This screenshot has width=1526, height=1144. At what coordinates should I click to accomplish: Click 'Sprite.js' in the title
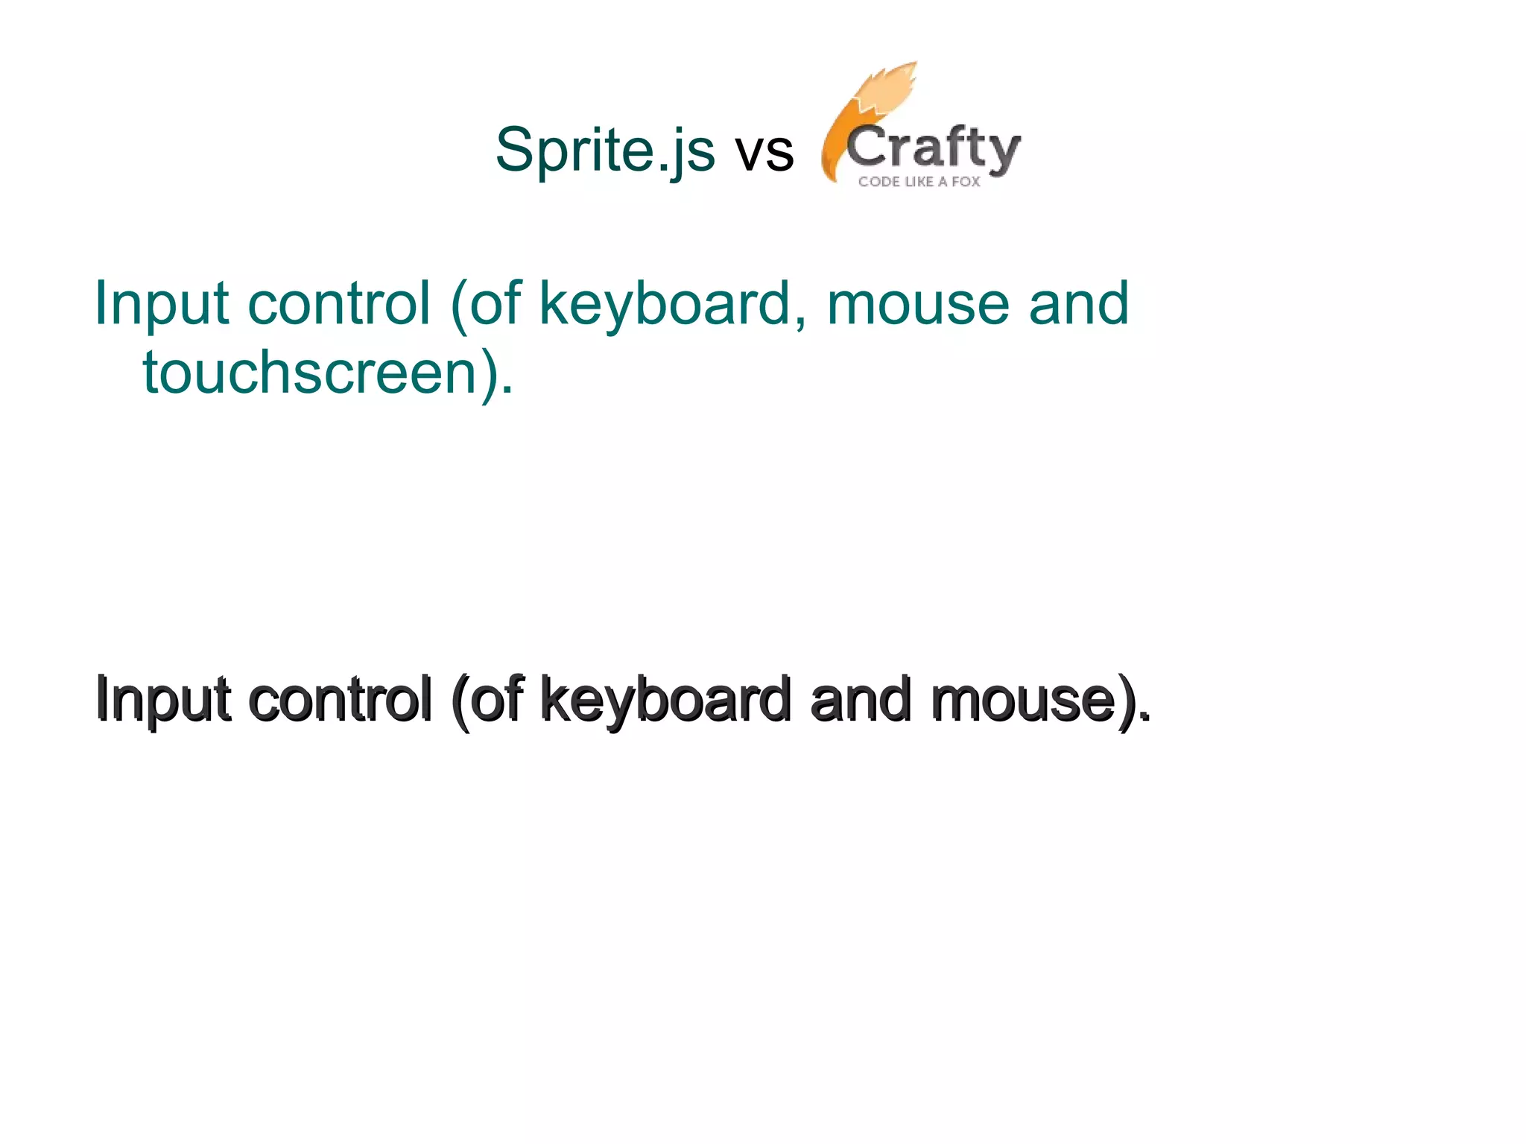click(604, 150)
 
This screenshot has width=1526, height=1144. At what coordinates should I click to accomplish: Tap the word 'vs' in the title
click(764, 152)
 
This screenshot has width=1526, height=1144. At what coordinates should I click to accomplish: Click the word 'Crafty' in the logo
click(933, 148)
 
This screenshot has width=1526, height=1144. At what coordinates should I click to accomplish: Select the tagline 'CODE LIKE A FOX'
click(919, 181)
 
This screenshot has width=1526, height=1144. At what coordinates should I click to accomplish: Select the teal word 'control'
click(339, 303)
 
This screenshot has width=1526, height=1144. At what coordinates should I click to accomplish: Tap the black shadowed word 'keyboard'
click(665, 701)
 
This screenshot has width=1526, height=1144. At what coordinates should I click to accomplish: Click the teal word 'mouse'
click(918, 303)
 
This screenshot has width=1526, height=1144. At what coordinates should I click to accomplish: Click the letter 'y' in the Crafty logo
click(1003, 153)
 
